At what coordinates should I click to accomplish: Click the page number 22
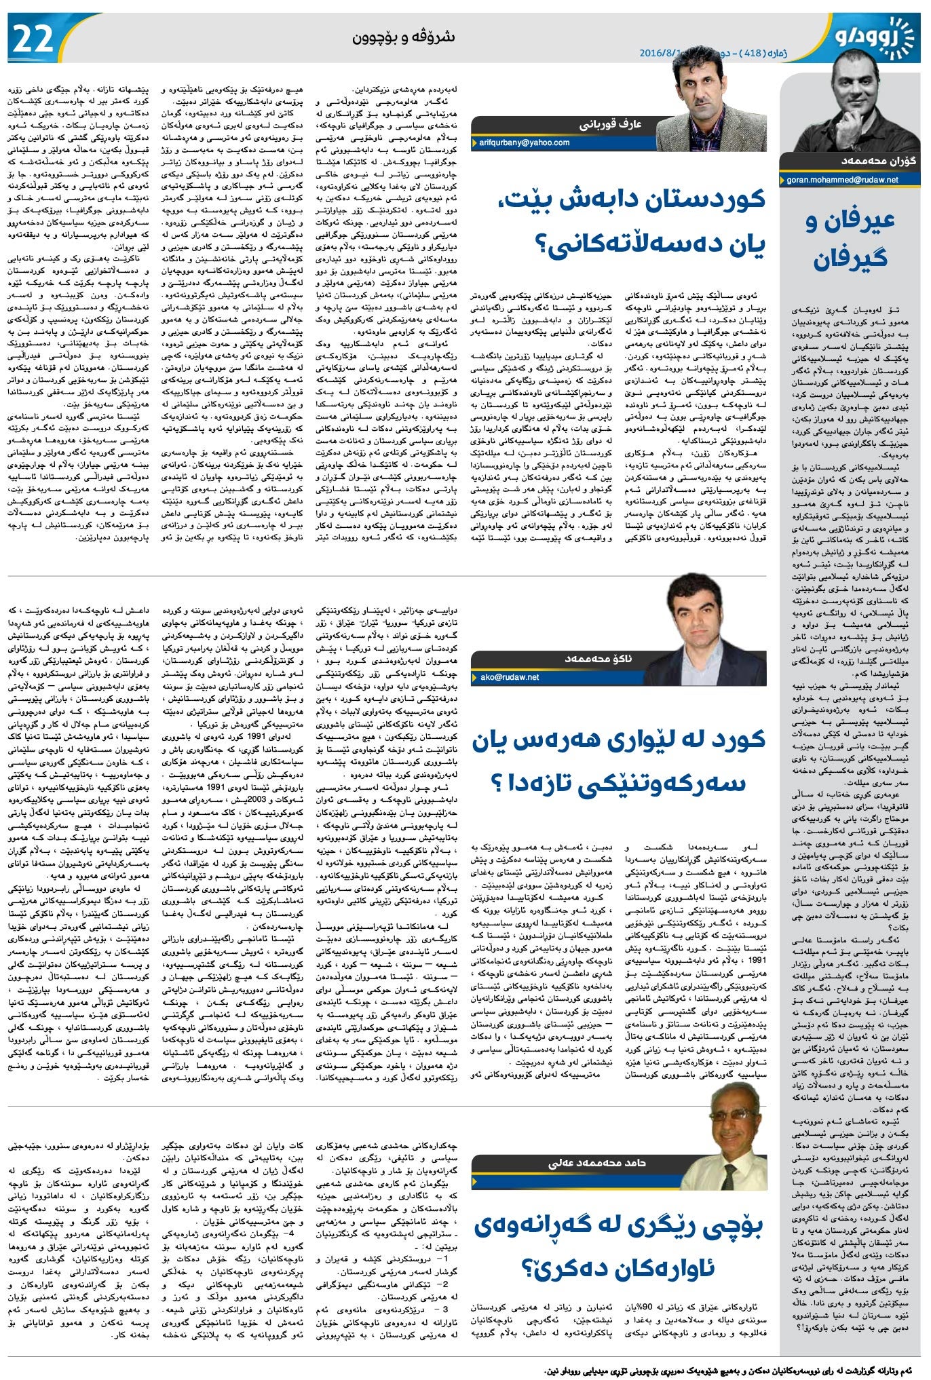pyautogui.click(x=33, y=39)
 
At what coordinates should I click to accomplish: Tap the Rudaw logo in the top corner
pyautogui.click(x=875, y=37)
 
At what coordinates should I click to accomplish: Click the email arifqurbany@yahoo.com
pyautogui.click(x=525, y=143)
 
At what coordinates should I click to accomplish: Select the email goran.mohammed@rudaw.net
pyautogui.click(x=842, y=180)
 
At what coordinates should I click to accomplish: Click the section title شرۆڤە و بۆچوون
pyautogui.click(x=403, y=37)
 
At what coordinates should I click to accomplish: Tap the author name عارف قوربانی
pyautogui.click(x=610, y=125)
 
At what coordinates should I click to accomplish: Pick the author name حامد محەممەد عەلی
pyautogui.click(x=588, y=1163)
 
